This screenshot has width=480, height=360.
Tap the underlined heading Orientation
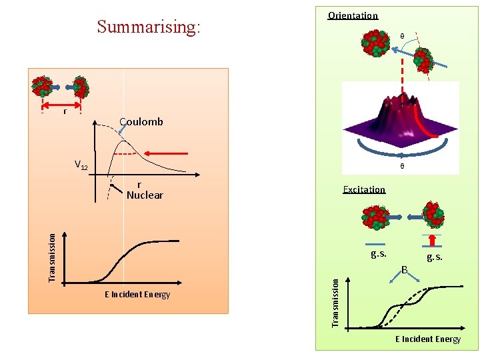click(353, 15)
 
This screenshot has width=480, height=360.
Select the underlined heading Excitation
click(364, 189)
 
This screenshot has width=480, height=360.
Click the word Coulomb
click(141, 121)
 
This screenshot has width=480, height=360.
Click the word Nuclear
click(145, 195)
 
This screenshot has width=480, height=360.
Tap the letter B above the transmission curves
click(405, 270)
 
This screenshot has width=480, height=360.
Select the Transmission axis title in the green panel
click(336, 301)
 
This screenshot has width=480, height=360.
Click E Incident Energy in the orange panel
click(137, 295)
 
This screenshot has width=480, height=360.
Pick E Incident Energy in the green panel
click(427, 339)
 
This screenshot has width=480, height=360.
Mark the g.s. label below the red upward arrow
click(434, 257)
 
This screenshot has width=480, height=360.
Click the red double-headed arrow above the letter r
click(61, 105)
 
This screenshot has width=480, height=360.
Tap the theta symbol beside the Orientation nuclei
click(401, 36)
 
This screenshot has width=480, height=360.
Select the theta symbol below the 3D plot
click(401, 166)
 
